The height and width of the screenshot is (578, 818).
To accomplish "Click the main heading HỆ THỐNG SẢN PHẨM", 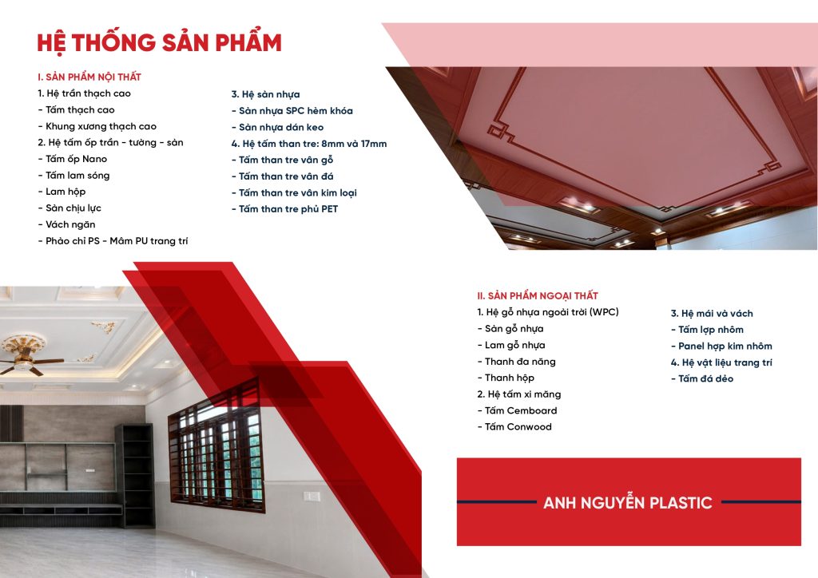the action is [159, 43].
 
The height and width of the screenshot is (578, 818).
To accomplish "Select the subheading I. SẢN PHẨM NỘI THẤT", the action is [89, 77].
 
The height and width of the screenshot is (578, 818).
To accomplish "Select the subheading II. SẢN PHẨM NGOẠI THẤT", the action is [538, 296].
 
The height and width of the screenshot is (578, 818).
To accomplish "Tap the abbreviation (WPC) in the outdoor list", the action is [604, 312].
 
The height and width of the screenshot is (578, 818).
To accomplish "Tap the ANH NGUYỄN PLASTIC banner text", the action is [628, 502].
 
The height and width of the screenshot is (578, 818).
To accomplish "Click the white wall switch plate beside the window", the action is [312, 496].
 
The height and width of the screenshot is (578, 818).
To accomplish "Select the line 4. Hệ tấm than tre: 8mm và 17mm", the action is [309, 144].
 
